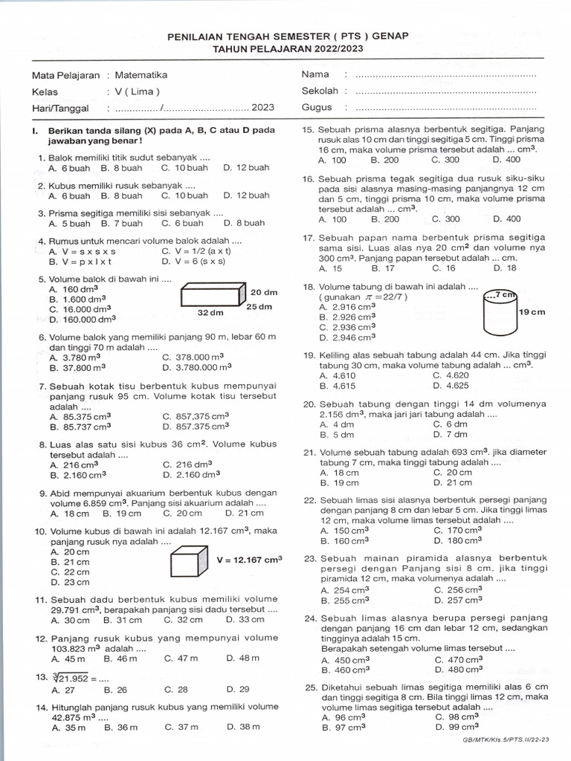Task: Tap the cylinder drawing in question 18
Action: click(500, 314)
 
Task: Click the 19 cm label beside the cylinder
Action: click(532, 313)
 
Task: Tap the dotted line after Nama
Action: click(445, 75)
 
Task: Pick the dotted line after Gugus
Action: click(445, 108)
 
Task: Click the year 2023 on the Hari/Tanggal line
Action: click(262, 108)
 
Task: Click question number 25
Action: click(311, 687)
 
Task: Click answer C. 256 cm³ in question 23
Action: click(458, 590)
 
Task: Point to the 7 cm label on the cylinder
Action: click(507, 295)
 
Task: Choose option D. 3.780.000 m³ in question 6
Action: click(197, 367)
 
